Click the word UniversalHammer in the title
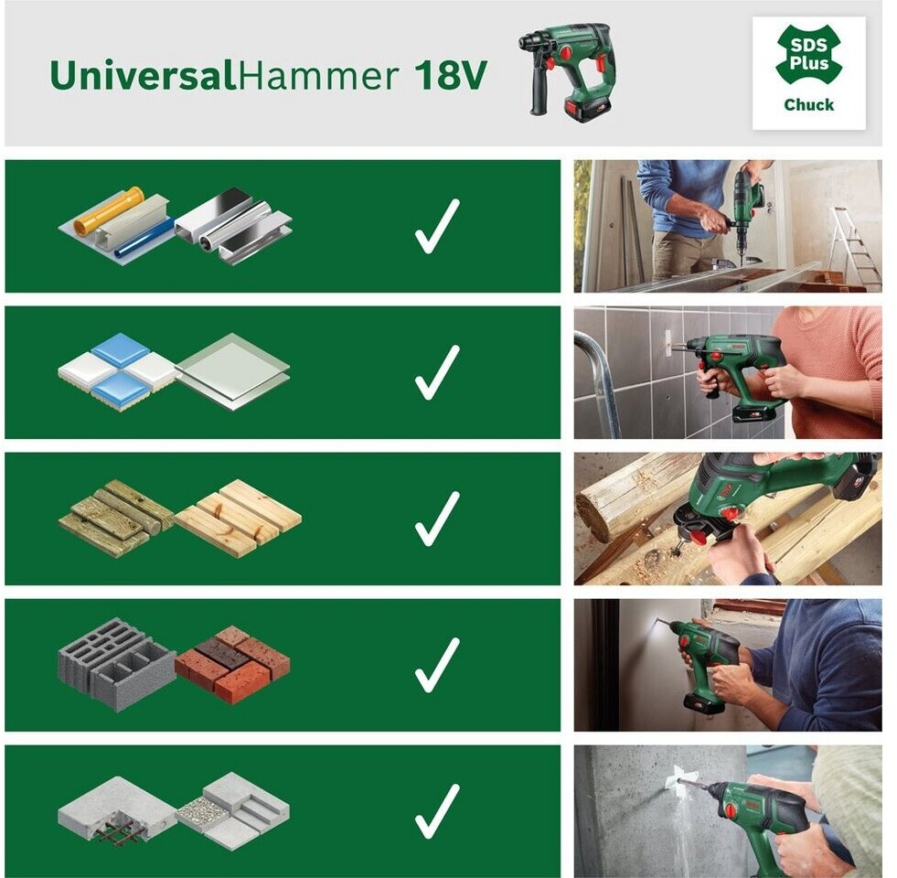[224, 75]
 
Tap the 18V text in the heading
[450, 75]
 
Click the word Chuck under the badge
[808, 105]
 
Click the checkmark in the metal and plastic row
[437, 226]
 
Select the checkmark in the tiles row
[437, 372]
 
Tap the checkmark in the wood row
[437, 519]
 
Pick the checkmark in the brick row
[437, 665]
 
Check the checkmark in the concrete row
[437, 811]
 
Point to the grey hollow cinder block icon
[117, 664]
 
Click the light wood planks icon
[238, 517]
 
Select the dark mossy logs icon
[116, 518]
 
